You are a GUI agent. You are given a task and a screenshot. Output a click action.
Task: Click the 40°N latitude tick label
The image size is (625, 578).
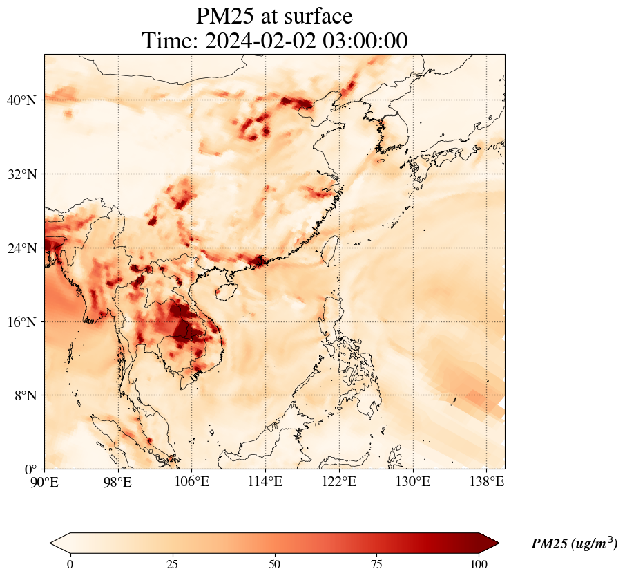click(x=21, y=100)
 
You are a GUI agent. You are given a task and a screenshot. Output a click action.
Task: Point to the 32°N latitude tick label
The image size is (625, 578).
click(x=21, y=174)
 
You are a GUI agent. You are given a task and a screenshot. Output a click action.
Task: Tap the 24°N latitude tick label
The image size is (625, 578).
click(x=21, y=248)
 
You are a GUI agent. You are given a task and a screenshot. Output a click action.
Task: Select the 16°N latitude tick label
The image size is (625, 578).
click(x=21, y=322)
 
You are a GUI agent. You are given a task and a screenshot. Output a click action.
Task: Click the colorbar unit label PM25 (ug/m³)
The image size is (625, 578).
click(x=574, y=544)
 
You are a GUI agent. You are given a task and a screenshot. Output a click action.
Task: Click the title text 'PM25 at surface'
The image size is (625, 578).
click(x=274, y=16)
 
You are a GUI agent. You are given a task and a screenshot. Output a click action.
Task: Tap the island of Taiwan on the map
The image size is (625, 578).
click(x=331, y=250)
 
